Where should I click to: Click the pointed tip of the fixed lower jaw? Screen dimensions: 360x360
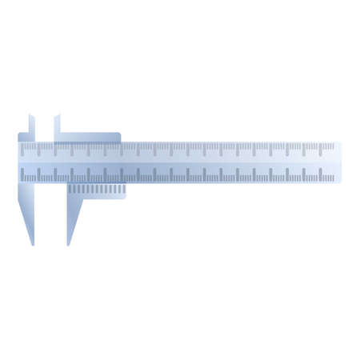pos(32,243)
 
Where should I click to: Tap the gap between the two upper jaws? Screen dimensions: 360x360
pos(44,128)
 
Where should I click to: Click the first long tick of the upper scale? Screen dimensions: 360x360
pos(36,149)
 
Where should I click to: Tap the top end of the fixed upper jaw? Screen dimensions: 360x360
pos(32,116)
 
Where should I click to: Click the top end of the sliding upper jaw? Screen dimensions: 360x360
pos(57,116)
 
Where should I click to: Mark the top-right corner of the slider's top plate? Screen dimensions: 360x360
pos(121,134)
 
